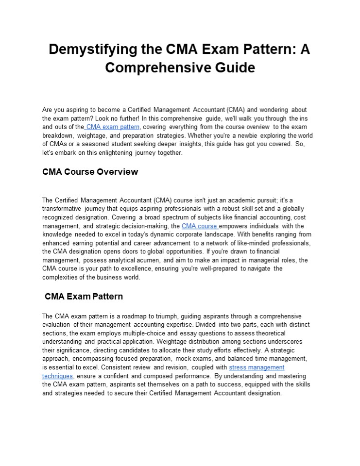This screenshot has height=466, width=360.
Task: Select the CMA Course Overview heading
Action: click(90, 172)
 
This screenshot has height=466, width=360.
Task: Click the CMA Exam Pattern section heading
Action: click(84, 296)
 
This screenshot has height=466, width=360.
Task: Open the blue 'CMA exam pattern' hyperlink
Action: click(113, 127)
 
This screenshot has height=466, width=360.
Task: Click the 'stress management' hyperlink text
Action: click(257, 367)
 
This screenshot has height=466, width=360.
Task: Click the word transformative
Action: click(62, 209)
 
